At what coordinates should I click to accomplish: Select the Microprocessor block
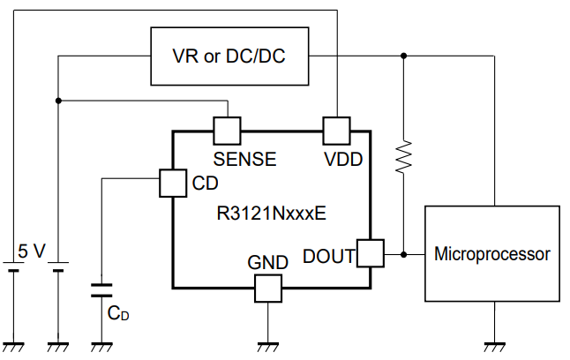[492, 254]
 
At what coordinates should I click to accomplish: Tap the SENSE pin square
[228, 131]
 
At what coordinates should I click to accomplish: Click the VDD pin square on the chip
[336, 131]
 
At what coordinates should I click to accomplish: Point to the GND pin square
[266, 288]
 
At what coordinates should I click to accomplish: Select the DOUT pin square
[371, 254]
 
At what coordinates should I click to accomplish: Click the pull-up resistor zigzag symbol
[403, 156]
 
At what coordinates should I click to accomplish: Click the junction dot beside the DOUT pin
[403, 254]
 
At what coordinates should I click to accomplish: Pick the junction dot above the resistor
[403, 56]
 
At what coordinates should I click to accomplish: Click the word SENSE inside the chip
[245, 160]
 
